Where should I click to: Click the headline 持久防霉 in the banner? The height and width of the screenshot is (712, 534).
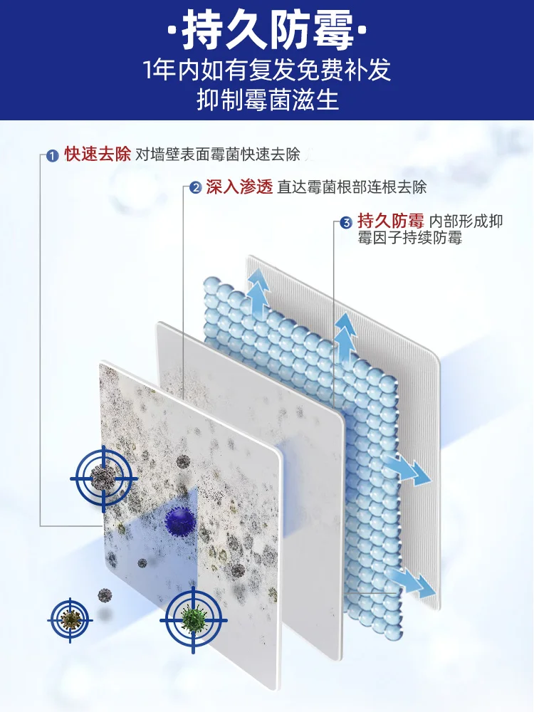[267, 32]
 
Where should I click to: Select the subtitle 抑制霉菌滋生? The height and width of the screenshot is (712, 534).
[267, 100]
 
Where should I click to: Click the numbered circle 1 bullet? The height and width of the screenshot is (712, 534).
[52, 156]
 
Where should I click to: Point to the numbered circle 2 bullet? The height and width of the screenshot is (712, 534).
[194, 189]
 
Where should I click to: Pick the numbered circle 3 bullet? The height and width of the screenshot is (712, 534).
[346, 223]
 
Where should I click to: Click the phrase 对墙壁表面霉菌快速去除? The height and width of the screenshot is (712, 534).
[218, 155]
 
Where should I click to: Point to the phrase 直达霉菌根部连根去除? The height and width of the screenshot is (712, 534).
[352, 188]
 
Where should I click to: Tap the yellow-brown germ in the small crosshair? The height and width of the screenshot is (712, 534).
[70, 617]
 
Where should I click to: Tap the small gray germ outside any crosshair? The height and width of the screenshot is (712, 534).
[105, 594]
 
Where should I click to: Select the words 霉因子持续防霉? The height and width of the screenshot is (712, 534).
[410, 238]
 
